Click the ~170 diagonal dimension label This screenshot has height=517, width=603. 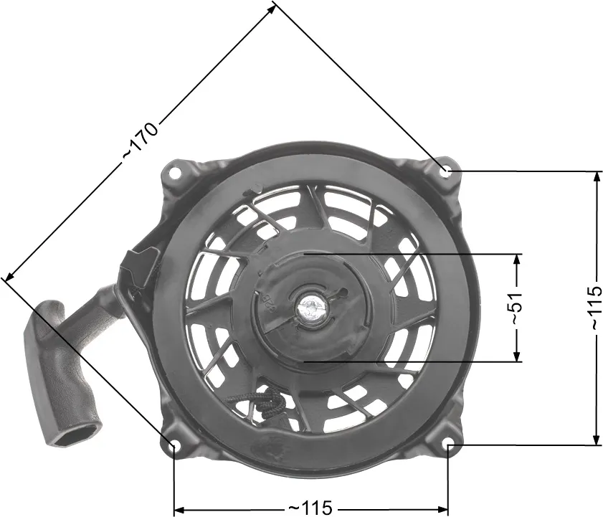click(141, 141)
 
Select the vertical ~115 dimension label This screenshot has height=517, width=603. click(596, 307)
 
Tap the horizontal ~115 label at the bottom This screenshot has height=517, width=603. click(310, 508)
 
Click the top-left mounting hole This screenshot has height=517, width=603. click(176, 173)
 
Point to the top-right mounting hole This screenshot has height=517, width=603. click(446, 171)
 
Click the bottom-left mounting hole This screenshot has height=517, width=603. click(173, 446)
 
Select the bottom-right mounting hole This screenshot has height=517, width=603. click(449, 445)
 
